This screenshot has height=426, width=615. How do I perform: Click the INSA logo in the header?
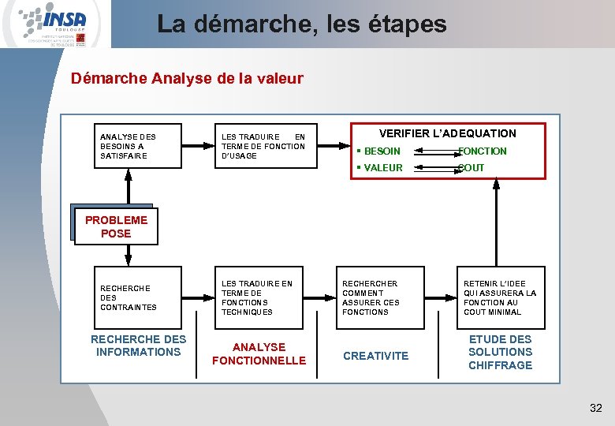pos(55,24)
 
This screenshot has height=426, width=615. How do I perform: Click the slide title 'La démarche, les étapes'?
pos(301,24)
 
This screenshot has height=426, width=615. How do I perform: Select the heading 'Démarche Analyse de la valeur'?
pos(187,79)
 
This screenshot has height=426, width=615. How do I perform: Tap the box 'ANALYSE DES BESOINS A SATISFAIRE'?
pos(138,146)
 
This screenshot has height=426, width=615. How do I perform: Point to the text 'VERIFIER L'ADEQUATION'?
pos(447,133)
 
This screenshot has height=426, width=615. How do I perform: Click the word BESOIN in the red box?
pos(382,151)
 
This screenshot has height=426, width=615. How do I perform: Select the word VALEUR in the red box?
pos(382,168)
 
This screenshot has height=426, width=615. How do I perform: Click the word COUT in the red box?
pos(471,168)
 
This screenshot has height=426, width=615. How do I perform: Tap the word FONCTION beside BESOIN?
pos(483,151)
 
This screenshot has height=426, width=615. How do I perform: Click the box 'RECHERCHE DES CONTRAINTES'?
pos(138,297)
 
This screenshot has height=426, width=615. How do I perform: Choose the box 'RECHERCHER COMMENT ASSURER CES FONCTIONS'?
pos(381,297)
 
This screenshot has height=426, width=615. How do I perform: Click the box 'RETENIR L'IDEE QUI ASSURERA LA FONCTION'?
pos(500,297)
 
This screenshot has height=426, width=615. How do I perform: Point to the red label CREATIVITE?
pos(376,356)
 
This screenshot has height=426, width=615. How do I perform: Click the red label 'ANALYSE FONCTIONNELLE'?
pos(259,353)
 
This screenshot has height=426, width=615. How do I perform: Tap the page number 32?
pos(595,408)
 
